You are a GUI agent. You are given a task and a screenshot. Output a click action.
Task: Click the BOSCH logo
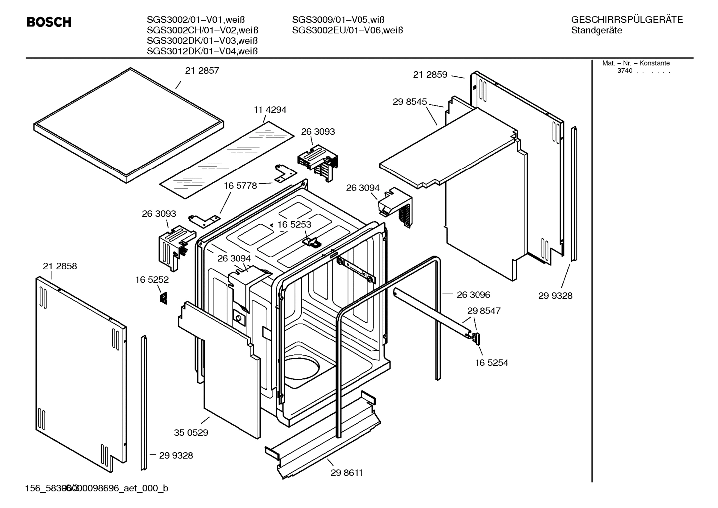49,22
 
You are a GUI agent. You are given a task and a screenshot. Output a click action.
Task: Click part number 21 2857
202,71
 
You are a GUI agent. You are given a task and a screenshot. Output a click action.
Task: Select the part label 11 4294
270,110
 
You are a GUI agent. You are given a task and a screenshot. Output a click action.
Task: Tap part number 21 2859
430,75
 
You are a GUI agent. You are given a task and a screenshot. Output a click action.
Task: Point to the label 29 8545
409,102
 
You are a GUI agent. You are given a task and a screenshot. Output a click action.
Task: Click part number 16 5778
240,186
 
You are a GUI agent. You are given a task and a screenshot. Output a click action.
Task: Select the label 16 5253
294,225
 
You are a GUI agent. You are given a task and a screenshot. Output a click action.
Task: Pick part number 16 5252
152,280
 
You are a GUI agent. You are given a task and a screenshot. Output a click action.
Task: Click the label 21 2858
60,266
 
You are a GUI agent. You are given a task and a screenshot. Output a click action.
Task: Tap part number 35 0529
191,433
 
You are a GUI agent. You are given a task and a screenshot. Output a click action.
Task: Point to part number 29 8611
347,473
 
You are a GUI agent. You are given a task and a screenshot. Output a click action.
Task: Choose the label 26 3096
473,295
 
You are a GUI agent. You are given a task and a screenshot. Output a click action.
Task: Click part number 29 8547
483,311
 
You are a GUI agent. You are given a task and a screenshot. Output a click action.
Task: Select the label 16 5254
491,363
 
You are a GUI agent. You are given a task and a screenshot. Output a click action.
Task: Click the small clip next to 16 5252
163,298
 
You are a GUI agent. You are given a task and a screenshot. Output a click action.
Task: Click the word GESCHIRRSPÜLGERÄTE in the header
626,20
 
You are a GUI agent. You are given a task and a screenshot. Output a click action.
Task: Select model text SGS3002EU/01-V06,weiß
347,30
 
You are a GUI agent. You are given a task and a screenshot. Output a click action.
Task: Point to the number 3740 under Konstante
624,71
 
